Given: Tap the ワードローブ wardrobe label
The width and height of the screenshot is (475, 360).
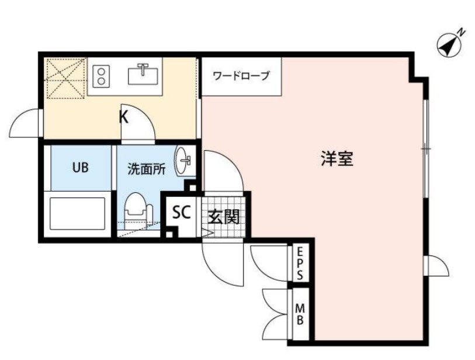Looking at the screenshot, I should click(241, 76).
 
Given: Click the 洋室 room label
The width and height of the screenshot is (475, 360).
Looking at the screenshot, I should click(337, 158).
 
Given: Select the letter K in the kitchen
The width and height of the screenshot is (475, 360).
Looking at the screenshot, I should click(124, 117).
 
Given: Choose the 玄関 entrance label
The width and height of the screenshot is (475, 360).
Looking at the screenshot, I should click(224, 217).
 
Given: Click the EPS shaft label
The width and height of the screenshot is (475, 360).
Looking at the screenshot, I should click(300, 264).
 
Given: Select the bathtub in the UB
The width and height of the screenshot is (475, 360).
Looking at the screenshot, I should click(78, 213).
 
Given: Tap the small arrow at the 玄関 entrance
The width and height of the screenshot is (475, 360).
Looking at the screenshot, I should click(205, 233).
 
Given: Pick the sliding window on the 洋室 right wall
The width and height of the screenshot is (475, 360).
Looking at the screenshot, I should click(427, 149).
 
